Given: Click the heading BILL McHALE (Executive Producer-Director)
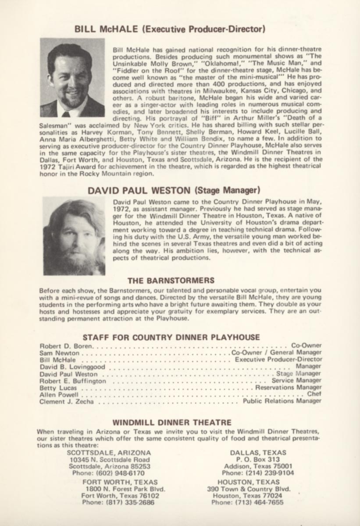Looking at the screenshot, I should [170, 29].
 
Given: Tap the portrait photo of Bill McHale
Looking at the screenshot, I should [72, 78].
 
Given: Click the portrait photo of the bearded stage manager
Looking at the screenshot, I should [74, 236].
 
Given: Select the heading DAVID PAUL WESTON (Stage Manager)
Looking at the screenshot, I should [174, 191].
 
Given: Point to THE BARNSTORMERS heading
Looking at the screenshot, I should [171, 280].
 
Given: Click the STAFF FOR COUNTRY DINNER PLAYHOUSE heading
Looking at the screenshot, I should [171, 337].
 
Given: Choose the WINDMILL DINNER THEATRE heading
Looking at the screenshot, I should [172, 423].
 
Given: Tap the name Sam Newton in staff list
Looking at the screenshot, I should [60, 353].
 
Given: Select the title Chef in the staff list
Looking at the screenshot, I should [314, 394].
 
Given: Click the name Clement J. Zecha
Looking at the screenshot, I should [66, 401].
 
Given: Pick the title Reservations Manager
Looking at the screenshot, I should [288, 387].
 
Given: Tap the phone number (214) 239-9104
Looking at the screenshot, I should [258, 473].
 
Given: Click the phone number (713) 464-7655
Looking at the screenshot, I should [247, 502].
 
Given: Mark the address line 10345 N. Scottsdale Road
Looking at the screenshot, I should [110, 459].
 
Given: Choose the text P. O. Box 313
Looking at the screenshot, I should [258, 459].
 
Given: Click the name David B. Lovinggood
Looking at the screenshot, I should [72, 366].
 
